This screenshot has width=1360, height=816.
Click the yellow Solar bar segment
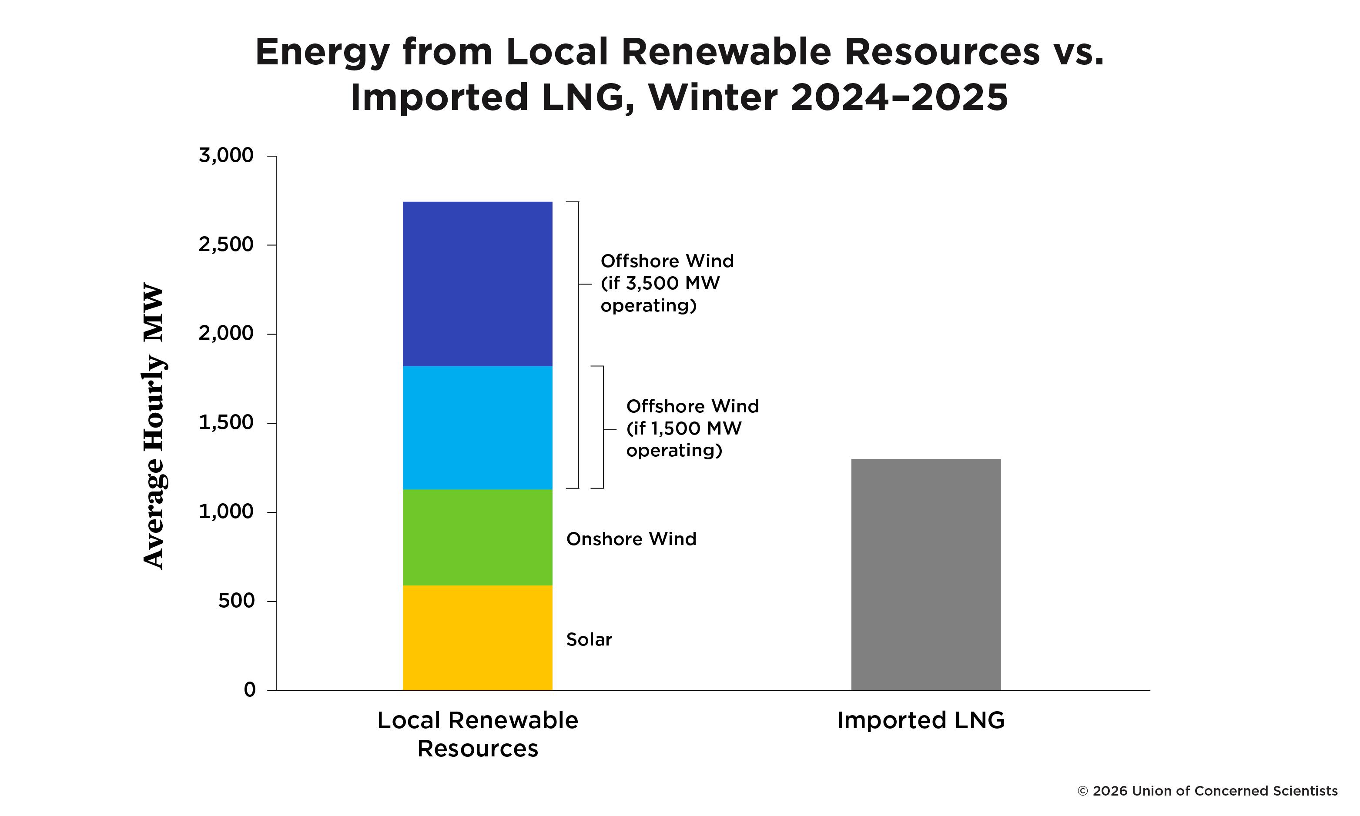[477, 637]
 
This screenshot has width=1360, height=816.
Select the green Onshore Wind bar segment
[477, 537]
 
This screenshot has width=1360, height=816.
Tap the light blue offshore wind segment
[477, 428]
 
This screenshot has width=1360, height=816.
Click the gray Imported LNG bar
[925, 575]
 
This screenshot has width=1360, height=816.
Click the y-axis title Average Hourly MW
[154, 426]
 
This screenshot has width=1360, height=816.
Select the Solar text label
[589, 639]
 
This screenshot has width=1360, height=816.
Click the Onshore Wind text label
[631, 539]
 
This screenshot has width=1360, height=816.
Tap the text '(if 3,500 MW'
[660, 283]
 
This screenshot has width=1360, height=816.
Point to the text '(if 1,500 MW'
[683, 428]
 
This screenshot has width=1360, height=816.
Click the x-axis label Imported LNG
[921, 720]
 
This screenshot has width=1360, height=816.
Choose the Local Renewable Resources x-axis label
[477, 734]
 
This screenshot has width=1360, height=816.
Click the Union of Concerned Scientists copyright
[1207, 791]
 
